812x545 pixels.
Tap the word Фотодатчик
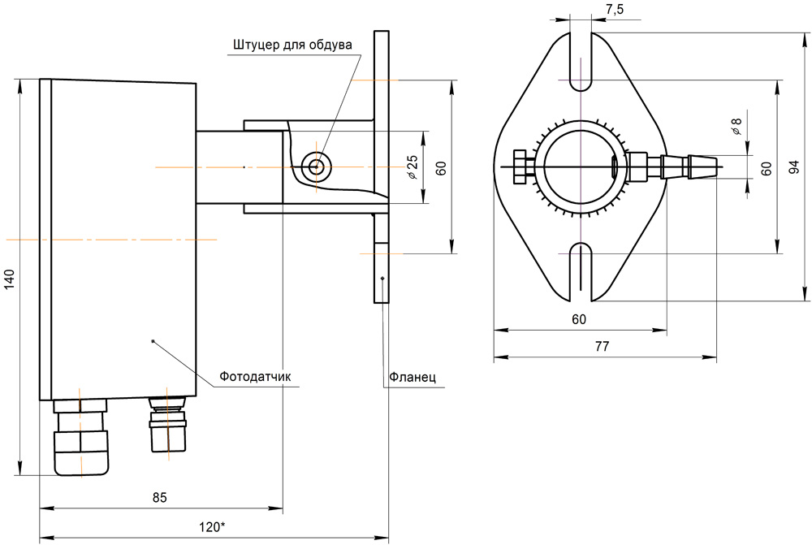click(x=255, y=377)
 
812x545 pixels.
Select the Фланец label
click(x=412, y=377)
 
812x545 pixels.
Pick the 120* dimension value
click(x=212, y=527)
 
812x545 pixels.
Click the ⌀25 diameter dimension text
click(x=412, y=167)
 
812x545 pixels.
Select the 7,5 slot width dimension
click(x=615, y=9)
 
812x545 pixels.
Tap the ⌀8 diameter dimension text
click(x=736, y=126)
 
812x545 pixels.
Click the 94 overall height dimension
click(x=796, y=167)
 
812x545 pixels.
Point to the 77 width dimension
click(x=602, y=346)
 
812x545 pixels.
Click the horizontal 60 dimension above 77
click(x=578, y=319)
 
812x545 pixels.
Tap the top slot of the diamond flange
click(x=581, y=61)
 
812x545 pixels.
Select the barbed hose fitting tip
click(x=702, y=166)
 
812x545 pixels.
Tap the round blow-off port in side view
click(x=315, y=167)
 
